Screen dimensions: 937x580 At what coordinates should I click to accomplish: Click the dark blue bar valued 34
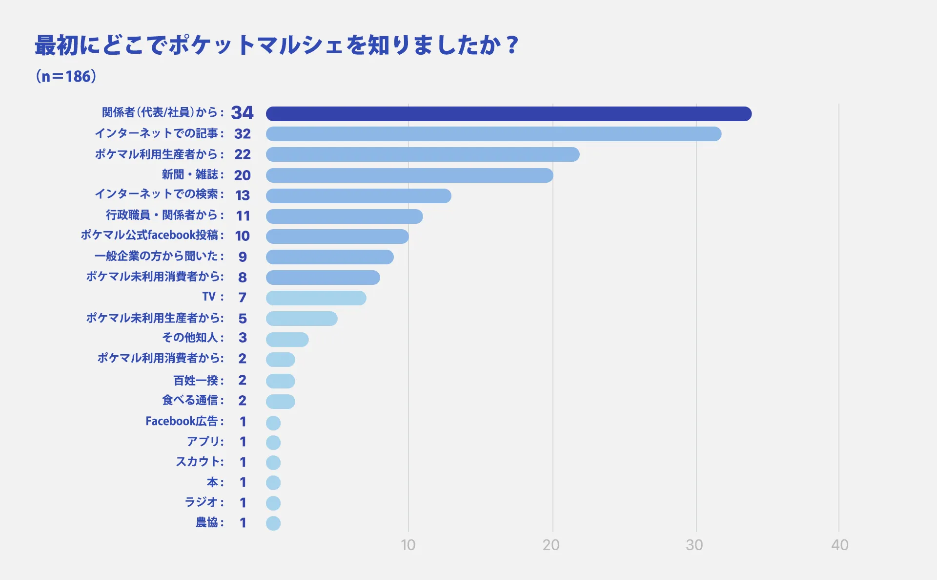pyautogui.click(x=509, y=114)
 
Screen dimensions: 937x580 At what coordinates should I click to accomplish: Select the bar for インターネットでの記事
pyautogui.click(x=493, y=134)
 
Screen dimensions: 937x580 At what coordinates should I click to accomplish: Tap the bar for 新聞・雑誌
pyautogui.click(x=409, y=175)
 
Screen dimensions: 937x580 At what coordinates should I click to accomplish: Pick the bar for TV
pyautogui.click(x=316, y=298)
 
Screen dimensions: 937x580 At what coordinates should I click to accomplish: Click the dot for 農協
pyautogui.click(x=273, y=523)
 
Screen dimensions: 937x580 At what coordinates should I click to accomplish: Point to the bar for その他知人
pyautogui.click(x=287, y=340)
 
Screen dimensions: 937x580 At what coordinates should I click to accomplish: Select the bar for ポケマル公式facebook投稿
pyautogui.click(x=337, y=236)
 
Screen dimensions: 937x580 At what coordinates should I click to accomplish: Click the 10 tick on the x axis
pyautogui.click(x=408, y=545)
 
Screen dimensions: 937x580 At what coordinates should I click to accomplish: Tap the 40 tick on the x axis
pyautogui.click(x=839, y=545)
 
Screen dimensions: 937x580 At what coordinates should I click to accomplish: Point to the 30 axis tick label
pyautogui.click(x=694, y=545)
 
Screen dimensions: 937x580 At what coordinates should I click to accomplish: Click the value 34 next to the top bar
pyautogui.click(x=242, y=113)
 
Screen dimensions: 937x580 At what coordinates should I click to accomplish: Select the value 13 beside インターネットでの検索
pyautogui.click(x=243, y=195)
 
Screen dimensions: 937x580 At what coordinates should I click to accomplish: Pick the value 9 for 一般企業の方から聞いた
pyautogui.click(x=243, y=257)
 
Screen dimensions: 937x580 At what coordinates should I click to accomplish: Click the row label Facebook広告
pyautogui.click(x=182, y=421)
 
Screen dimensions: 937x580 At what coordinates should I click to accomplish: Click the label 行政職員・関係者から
pyautogui.click(x=162, y=215)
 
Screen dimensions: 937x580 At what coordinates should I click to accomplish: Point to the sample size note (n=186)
pyautogui.click(x=66, y=76)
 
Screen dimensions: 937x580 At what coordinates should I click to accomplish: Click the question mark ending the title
pyautogui.click(x=512, y=45)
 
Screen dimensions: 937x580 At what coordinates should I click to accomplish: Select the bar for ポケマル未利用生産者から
pyautogui.click(x=302, y=319)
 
